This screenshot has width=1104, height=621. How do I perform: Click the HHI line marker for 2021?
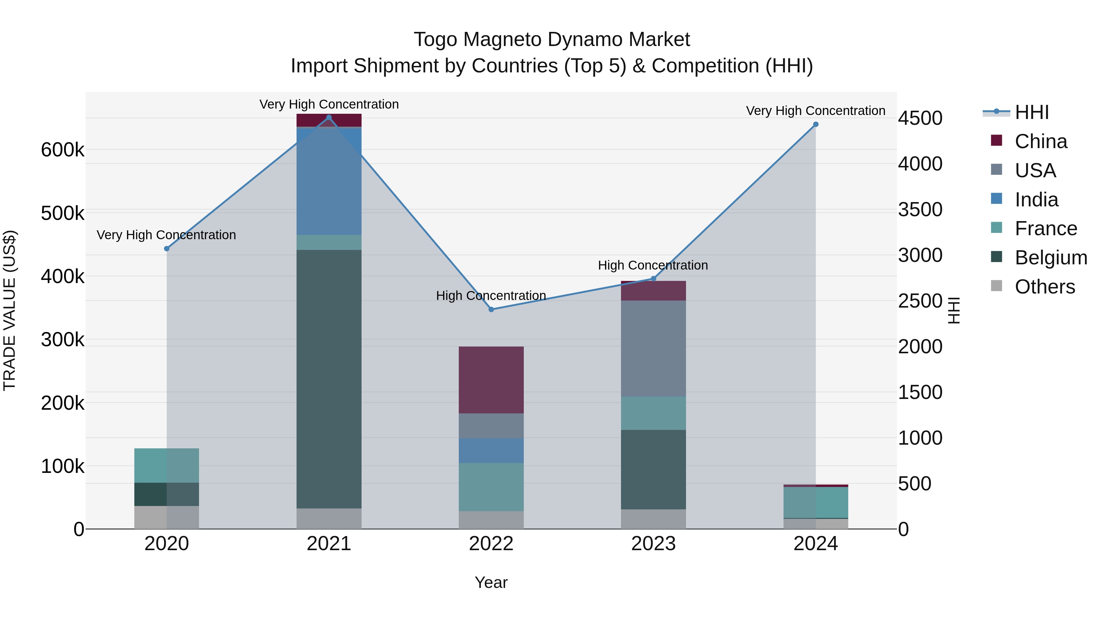pyautogui.click(x=329, y=117)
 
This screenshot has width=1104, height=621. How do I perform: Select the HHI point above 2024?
pyautogui.click(x=815, y=124)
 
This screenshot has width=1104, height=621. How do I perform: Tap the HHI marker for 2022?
pyautogui.click(x=491, y=309)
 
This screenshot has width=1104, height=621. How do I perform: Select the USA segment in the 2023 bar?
pyautogui.click(x=653, y=348)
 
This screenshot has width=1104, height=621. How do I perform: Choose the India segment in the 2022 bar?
pyautogui.click(x=491, y=450)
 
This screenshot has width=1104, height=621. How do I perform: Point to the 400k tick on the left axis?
pyautogui.click(x=63, y=276)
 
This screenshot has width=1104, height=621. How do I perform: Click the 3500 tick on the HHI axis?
pyautogui.click(x=920, y=209)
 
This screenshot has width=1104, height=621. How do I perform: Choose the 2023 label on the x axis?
pyautogui.click(x=653, y=544)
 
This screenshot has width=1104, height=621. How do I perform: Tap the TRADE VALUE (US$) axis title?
pyautogui.click(x=10, y=310)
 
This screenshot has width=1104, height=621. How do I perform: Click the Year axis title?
pyautogui.click(x=491, y=582)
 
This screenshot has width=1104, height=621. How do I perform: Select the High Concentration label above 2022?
pyautogui.click(x=491, y=296)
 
